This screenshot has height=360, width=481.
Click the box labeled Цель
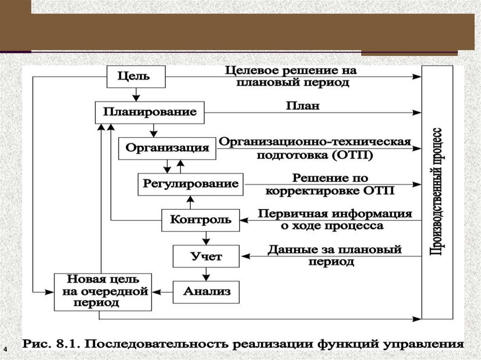[x=136, y=77]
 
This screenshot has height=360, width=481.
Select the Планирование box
[x=150, y=113]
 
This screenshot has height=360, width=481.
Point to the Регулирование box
[x=190, y=184]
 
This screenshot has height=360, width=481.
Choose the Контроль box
[x=201, y=220]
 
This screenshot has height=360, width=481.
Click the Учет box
[x=206, y=256]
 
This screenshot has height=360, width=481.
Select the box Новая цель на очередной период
[x=103, y=291]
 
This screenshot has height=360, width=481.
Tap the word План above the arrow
[x=303, y=106]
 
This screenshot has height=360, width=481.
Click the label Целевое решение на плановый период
[x=290, y=77]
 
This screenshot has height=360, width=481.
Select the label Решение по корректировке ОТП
[x=330, y=184]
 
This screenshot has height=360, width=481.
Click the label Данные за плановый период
[x=334, y=255]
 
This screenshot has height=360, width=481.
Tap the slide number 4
[x=6, y=350]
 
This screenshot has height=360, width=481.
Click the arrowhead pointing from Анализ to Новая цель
[x=156, y=292]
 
